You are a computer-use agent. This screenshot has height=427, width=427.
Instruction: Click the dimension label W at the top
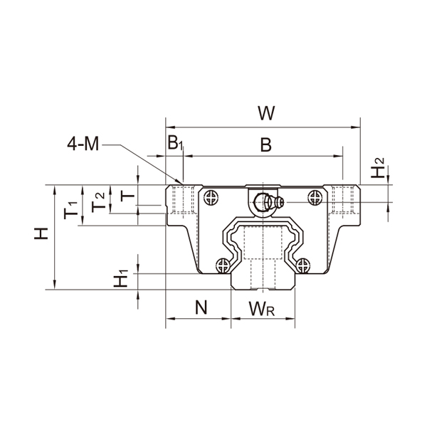[266, 113]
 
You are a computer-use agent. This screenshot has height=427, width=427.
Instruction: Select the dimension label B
[265, 145]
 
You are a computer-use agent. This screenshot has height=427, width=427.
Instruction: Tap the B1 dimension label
[175, 142]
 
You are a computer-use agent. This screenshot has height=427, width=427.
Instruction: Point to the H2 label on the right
[380, 169]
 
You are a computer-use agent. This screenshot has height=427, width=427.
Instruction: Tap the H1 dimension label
[122, 278]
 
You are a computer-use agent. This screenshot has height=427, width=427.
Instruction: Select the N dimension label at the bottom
[201, 307]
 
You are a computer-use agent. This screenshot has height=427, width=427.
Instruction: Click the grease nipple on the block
[266, 201]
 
